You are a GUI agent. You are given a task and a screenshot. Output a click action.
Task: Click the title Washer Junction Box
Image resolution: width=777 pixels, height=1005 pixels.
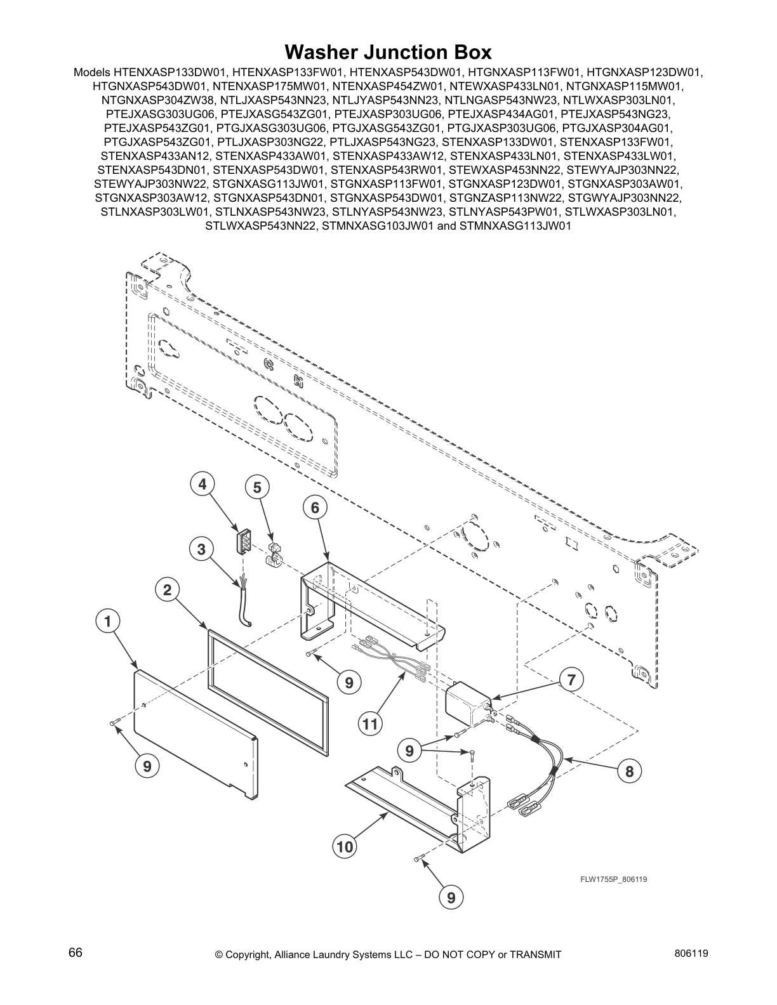[x=388, y=51]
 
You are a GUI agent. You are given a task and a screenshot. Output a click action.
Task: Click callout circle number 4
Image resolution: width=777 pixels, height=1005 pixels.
[x=202, y=485]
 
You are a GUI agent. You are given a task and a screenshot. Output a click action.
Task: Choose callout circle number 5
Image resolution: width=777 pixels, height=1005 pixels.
[x=257, y=487]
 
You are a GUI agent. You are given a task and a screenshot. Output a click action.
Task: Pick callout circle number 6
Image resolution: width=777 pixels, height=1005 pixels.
[x=315, y=507]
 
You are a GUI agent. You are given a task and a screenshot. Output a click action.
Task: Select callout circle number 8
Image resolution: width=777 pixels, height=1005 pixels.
[x=629, y=772]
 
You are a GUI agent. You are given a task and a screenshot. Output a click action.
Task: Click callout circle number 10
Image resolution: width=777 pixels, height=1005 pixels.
[x=344, y=846]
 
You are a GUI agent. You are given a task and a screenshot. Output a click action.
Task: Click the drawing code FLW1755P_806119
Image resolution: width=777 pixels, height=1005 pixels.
[x=613, y=879]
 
